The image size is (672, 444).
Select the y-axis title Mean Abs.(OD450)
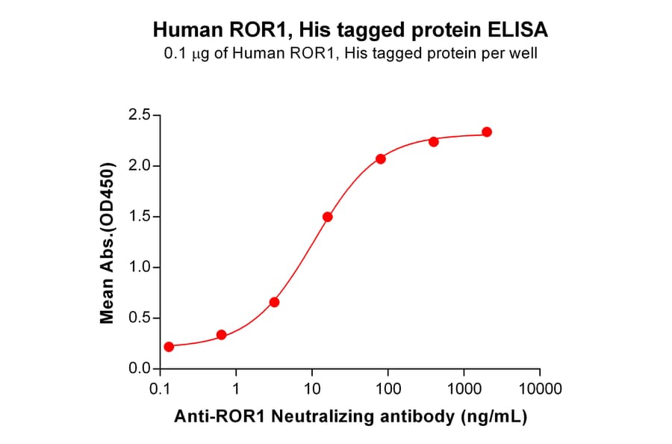click(x=108, y=242)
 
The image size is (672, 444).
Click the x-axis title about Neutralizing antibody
click(x=350, y=417)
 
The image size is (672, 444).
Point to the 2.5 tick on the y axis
click(x=140, y=115)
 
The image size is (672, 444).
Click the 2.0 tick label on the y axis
click(x=140, y=166)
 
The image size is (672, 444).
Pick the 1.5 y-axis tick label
click(x=140, y=217)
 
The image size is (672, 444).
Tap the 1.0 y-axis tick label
click(x=140, y=268)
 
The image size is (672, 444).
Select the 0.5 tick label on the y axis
click(x=140, y=318)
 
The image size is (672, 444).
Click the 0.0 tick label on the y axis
click(x=140, y=369)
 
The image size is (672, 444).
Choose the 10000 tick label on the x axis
click(x=540, y=389)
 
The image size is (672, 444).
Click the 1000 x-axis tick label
click(x=464, y=389)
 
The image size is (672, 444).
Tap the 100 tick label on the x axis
click(x=388, y=389)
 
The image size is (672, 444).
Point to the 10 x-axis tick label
click(x=312, y=389)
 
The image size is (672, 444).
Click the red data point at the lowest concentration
click(x=169, y=347)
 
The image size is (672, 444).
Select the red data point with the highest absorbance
click(x=487, y=132)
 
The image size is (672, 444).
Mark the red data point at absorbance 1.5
click(x=327, y=217)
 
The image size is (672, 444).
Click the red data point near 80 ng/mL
click(x=381, y=158)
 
